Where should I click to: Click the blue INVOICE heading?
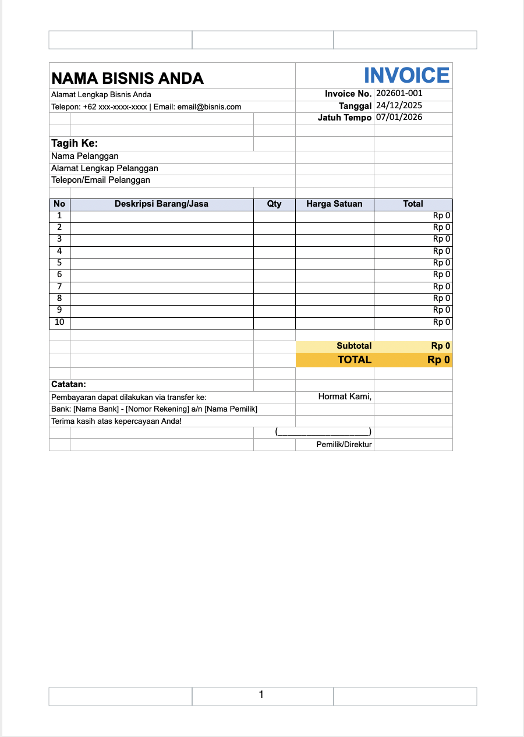pyautogui.click(x=406, y=76)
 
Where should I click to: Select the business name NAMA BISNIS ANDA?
pyautogui.click(x=128, y=78)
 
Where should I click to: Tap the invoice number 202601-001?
pyautogui.click(x=399, y=93)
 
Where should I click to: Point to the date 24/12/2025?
pyautogui.click(x=399, y=105)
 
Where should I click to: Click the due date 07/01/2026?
pyautogui.click(x=399, y=117)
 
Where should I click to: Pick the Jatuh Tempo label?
pyautogui.click(x=345, y=118)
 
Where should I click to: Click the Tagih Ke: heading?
pyautogui.click(x=75, y=143)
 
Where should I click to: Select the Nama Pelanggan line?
pyautogui.click(x=85, y=156)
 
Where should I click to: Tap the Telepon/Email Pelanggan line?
pyautogui.click(x=101, y=180)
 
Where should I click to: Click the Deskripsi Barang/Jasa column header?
pyautogui.click(x=161, y=204)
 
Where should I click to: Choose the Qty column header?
pyautogui.click(x=274, y=204)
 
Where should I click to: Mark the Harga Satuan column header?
pyautogui.click(x=334, y=204)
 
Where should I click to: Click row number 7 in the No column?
pyautogui.click(x=59, y=286)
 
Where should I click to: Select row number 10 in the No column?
pyautogui.click(x=59, y=322)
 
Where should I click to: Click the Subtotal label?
pyautogui.click(x=354, y=346)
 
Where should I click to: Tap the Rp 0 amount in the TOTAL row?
pyautogui.click(x=438, y=360)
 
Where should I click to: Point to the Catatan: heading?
pyautogui.click(x=69, y=384)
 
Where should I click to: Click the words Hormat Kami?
pyautogui.click(x=345, y=396)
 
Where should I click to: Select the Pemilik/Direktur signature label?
pyautogui.click(x=344, y=445)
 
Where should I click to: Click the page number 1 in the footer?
pyautogui.click(x=261, y=695)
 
